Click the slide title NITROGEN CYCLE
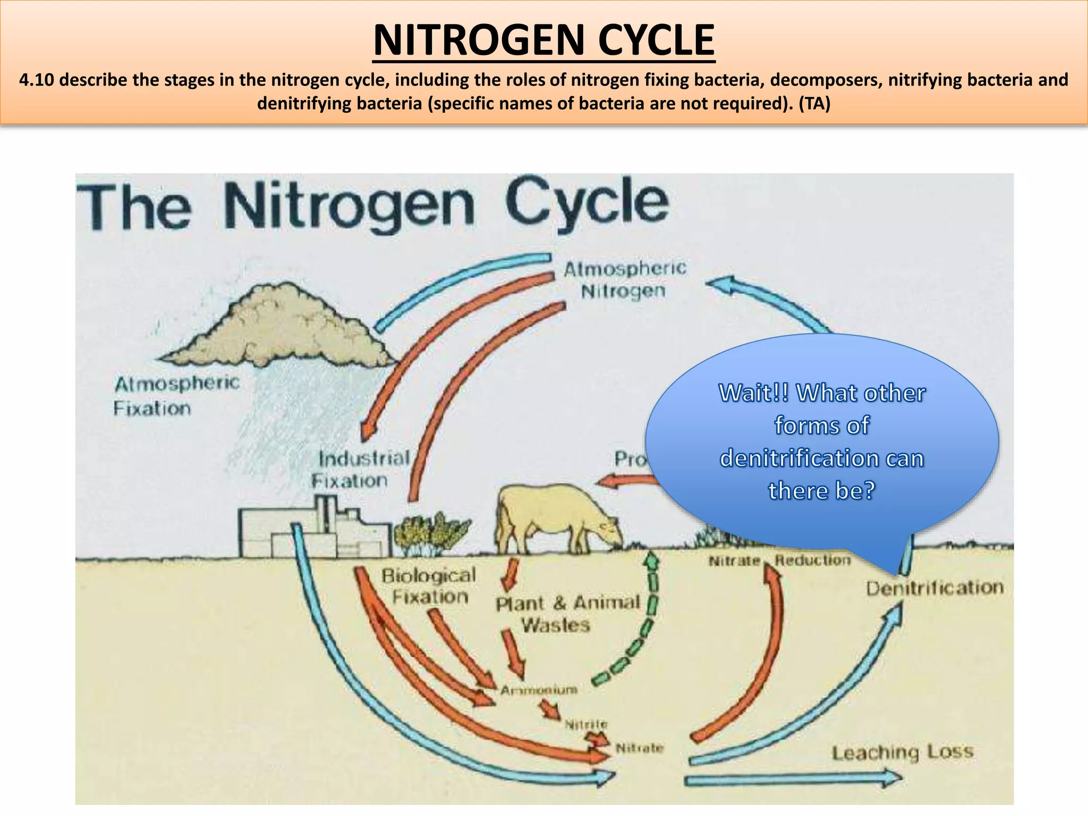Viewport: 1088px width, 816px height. (x=544, y=40)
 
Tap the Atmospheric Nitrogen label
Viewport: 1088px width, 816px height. (x=624, y=280)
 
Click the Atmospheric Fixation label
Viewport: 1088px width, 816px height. (x=177, y=396)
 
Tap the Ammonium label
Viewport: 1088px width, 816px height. (x=539, y=690)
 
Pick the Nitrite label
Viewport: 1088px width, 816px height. (x=585, y=724)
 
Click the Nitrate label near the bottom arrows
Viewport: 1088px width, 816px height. (x=639, y=748)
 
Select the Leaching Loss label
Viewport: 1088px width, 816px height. (x=902, y=752)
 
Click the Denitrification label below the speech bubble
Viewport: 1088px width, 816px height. (x=934, y=588)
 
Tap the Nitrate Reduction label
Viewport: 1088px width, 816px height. (x=779, y=560)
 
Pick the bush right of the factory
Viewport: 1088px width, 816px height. (x=432, y=533)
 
